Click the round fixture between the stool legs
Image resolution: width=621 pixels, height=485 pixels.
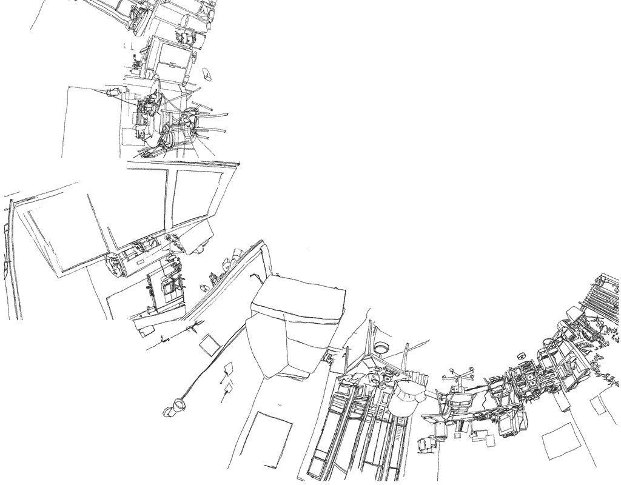[381, 349]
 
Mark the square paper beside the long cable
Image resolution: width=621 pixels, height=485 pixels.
[210, 345]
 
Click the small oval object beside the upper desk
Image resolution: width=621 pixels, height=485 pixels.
[207, 75]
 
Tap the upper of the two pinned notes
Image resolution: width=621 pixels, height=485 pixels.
[229, 369]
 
